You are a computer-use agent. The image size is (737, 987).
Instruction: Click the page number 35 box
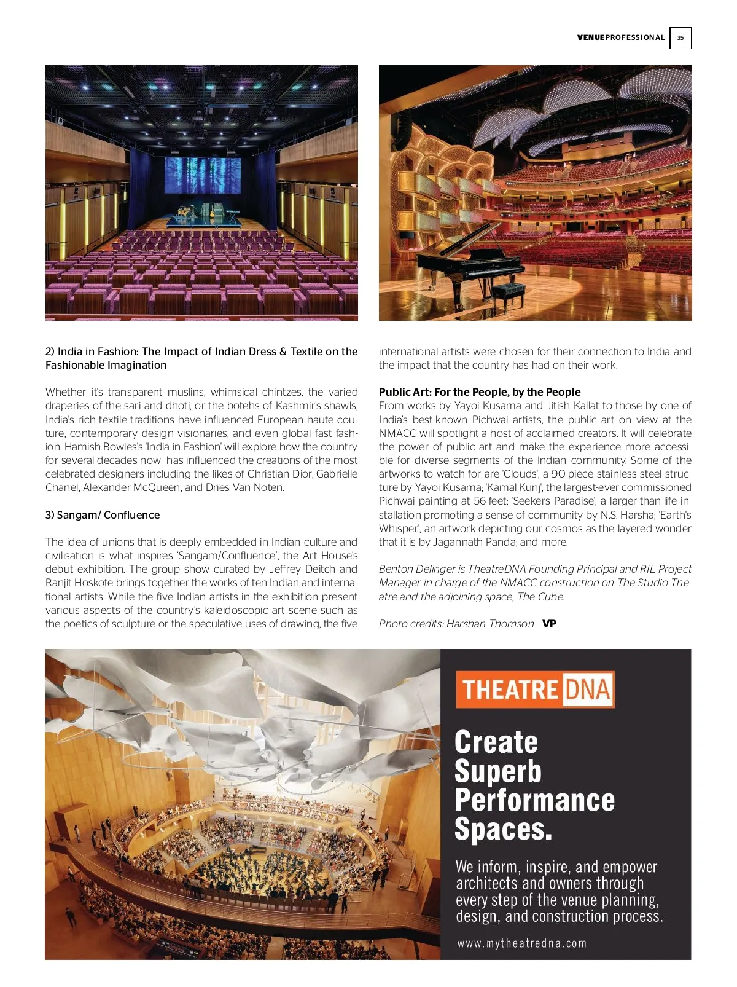680,38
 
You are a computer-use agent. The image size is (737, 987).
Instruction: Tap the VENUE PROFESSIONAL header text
620,38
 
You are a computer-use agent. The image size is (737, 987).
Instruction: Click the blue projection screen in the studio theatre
202,175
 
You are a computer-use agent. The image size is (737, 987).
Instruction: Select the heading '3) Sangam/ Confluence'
103,515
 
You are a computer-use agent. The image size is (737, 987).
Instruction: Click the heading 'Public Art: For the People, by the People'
480,392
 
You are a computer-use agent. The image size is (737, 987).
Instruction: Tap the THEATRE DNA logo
535,690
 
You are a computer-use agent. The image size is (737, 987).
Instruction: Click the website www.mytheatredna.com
522,943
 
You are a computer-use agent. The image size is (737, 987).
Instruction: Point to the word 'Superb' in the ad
498,771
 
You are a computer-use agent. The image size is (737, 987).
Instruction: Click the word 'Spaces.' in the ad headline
503,829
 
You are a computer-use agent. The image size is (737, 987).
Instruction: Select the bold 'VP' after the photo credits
550,624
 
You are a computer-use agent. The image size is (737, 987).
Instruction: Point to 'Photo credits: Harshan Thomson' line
456,624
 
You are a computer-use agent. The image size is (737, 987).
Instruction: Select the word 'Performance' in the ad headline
534,800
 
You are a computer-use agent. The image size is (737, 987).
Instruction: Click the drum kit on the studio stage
184,212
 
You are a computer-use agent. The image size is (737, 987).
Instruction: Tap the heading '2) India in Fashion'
92,352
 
